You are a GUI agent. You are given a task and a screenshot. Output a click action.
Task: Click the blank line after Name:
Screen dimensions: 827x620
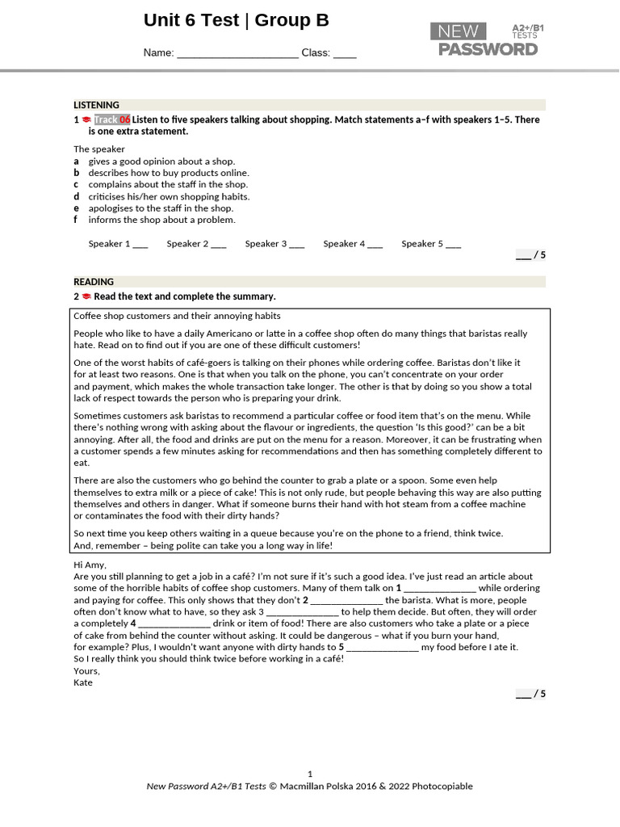click(x=237, y=54)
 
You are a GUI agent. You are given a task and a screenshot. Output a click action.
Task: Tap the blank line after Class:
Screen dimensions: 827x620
click(x=345, y=54)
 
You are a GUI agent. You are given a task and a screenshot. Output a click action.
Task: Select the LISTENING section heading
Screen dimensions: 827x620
click(x=97, y=105)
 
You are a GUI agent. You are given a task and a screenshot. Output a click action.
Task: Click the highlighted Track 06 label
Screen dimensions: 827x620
click(x=111, y=120)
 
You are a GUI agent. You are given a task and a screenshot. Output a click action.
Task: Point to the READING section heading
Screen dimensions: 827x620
click(x=94, y=282)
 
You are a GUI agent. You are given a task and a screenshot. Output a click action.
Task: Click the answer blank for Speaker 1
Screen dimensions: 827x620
click(x=140, y=245)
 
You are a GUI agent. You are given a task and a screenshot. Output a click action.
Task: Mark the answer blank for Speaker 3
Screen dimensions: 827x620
click(x=296, y=245)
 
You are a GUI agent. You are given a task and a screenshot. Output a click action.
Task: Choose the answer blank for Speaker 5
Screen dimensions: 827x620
click(x=453, y=245)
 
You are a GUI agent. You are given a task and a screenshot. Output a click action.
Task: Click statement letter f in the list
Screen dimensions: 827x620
click(x=76, y=220)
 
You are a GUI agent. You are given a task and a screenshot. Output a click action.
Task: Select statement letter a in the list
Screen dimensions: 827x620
click(x=77, y=162)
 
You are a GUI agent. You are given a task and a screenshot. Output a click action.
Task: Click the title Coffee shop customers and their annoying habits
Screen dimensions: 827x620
click(x=177, y=316)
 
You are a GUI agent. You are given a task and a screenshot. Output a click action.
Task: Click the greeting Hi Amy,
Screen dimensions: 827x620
click(x=90, y=565)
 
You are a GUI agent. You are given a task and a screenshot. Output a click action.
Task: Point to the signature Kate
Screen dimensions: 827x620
click(x=83, y=682)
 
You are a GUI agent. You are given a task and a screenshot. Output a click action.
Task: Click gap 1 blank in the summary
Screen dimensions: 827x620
click(x=440, y=590)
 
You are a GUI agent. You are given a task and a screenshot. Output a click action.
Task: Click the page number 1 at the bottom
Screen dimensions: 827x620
click(x=310, y=774)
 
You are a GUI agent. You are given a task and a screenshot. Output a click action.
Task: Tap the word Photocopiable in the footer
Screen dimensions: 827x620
click(x=442, y=787)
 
